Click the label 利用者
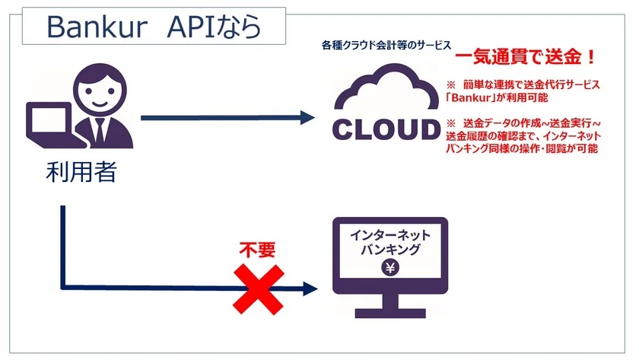pyautogui.click(x=80, y=172)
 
